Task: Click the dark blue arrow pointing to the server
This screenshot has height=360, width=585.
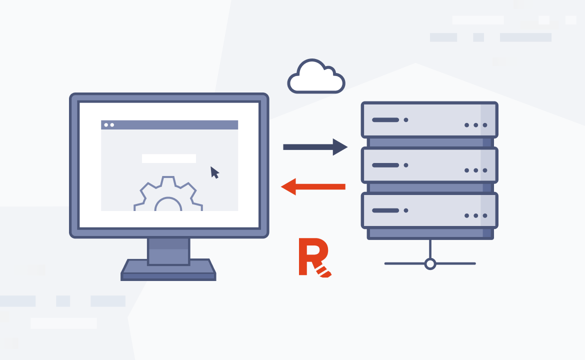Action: [315, 147]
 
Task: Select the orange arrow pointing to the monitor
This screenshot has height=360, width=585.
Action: [313, 187]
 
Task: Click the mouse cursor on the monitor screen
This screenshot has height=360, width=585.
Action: [214, 172]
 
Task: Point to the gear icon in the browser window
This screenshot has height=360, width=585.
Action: [168, 196]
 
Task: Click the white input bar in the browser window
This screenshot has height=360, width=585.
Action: [168, 158]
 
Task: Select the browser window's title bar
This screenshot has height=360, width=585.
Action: [169, 124]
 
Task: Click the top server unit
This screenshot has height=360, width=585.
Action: [429, 120]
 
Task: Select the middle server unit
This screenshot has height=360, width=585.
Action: [429, 165]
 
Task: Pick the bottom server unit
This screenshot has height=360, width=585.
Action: [429, 211]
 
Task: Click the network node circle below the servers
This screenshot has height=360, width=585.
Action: [430, 263]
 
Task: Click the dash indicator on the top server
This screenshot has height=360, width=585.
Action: [385, 120]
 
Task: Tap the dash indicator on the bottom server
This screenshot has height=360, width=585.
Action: [385, 210]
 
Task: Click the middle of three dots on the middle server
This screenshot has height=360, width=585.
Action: [475, 170]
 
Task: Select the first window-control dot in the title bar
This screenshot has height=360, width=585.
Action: [106, 125]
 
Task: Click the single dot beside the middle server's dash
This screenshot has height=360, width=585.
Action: [406, 165]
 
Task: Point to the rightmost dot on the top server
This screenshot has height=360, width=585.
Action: [484, 125]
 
